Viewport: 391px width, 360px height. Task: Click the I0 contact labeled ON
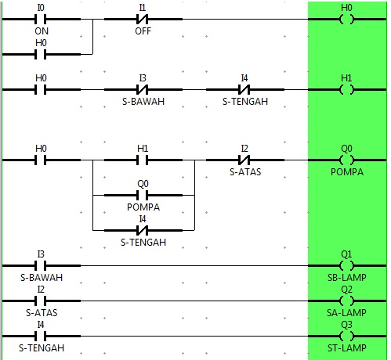click(42, 19)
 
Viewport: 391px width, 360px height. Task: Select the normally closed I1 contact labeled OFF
click(143, 19)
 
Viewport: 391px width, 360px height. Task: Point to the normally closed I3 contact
click(143, 90)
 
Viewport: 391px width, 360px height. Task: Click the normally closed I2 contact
click(244, 160)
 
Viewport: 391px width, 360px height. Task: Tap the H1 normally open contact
click(143, 160)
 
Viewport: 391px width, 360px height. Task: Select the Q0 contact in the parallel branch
click(143, 195)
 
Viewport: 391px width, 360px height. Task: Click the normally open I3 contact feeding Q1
click(42, 266)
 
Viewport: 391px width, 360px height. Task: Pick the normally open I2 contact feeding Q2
click(42, 301)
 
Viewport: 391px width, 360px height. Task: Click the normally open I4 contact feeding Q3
click(42, 336)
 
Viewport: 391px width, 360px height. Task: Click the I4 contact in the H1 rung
click(244, 90)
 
